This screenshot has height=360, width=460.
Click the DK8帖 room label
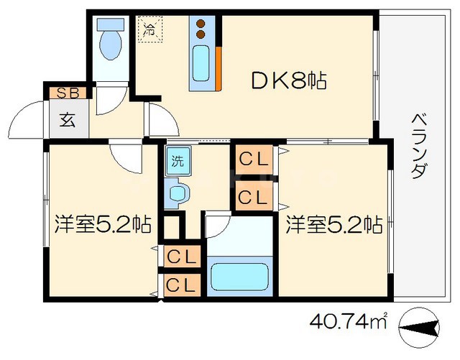pyautogui.click(x=288, y=81)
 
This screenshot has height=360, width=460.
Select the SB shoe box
pyautogui.click(x=68, y=92)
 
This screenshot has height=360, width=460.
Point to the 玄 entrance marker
pyautogui.click(x=67, y=119)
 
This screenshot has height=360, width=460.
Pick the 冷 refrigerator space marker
pyautogui.click(x=151, y=30)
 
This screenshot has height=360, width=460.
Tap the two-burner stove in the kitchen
pyautogui.click(x=202, y=29)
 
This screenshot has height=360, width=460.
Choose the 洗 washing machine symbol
pyautogui.click(x=177, y=161)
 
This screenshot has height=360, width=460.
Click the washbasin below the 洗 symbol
pyautogui.click(x=177, y=193)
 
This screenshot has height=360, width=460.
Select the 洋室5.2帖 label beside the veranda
pyautogui.click(x=333, y=225)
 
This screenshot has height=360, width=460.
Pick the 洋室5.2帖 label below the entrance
pyautogui.click(x=102, y=225)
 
